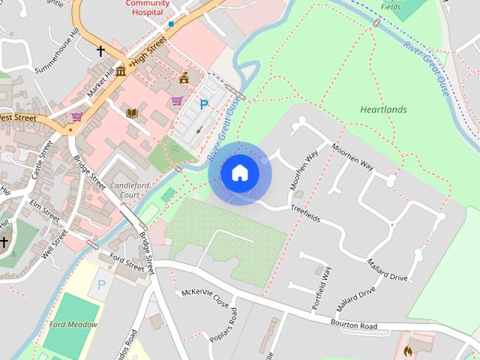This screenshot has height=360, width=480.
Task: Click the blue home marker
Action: (x=239, y=173)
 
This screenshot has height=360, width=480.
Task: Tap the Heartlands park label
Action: (x=383, y=109)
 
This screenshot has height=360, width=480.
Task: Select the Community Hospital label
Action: (x=146, y=7)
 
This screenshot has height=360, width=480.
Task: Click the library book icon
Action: (x=133, y=113)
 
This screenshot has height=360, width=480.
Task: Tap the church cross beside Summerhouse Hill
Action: (x=100, y=51)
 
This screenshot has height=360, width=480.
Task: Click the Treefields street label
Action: (x=305, y=214)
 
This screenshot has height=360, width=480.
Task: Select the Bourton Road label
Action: (x=353, y=325)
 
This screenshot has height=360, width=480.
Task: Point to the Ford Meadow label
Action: (x=73, y=325)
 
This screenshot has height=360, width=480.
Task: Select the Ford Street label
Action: (x=126, y=264)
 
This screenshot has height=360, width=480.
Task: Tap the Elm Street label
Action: (x=45, y=208)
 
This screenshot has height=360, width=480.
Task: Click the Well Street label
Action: (x=55, y=242)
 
